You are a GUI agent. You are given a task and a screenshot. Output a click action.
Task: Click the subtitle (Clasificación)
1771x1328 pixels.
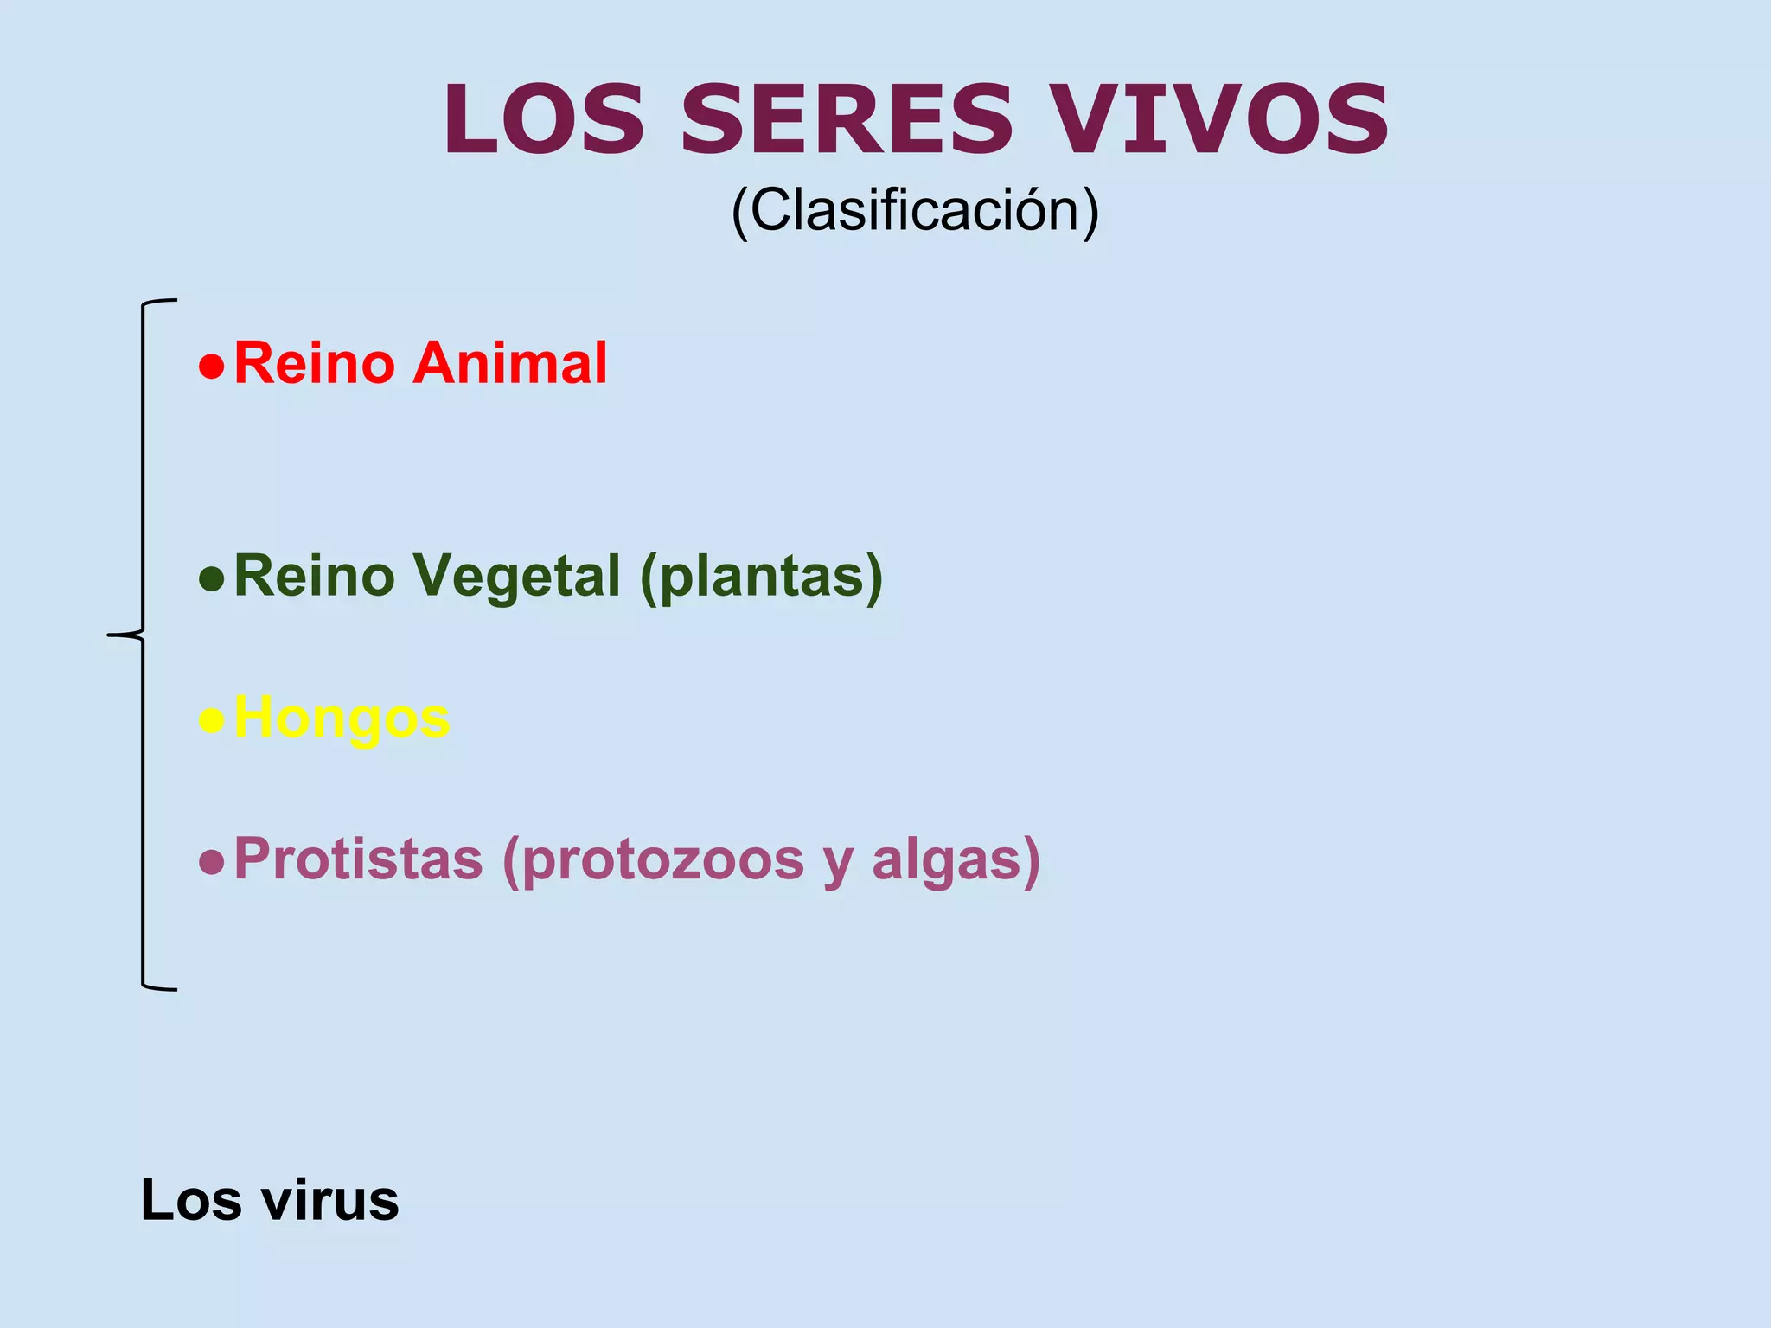click(915, 211)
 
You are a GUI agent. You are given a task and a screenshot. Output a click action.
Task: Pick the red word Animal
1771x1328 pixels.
click(510, 363)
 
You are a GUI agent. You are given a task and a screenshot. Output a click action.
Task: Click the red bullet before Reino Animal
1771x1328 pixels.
click(211, 367)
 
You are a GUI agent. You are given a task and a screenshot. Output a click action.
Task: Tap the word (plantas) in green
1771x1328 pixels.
click(761, 577)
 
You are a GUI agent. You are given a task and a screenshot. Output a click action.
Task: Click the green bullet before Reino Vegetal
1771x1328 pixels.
click(211, 578)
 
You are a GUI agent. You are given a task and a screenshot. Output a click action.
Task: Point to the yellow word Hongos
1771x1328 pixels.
click(342, 718)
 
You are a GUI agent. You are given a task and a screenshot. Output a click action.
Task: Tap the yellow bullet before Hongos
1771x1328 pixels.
click(211, 720)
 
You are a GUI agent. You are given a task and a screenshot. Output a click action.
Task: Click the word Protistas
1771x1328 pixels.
click(358, 859)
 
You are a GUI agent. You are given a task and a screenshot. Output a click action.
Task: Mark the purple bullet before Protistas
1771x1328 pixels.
click(211, 862)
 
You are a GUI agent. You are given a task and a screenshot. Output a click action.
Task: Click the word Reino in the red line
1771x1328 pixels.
click(314, 363)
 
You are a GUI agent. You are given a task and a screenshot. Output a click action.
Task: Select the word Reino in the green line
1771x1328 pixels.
click(314, 577)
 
